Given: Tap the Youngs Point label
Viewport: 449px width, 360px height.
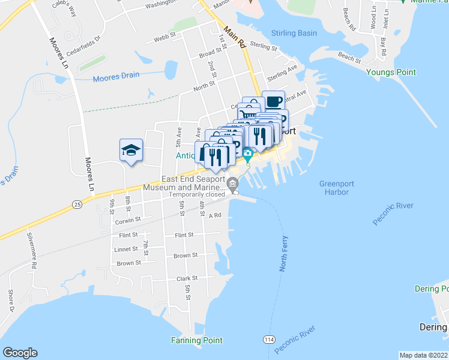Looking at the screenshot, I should click(391, 72).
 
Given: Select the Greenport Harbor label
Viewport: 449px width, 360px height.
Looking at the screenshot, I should click(334, 188).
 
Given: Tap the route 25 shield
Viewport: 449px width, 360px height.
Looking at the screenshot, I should click(77, 205).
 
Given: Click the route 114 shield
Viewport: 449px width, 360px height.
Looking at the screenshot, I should click(269, 340).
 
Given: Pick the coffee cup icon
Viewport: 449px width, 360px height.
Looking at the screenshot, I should click(274, 100).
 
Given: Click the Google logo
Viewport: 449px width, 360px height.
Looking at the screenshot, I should click(20, 353).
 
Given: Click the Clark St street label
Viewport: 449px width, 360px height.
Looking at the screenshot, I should click(187, 278).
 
